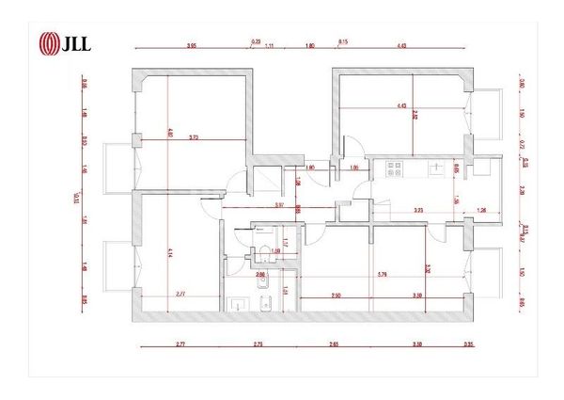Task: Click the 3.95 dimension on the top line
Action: point(191,44)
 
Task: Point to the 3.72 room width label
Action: point(193,138)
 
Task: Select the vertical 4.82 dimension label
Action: point(170,133)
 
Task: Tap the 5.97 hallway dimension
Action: point(279,204)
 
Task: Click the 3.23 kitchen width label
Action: point(418,211)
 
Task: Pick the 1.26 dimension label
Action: point(482,211)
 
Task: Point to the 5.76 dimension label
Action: point(382,274)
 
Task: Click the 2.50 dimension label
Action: point(336,296)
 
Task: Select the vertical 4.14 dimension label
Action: point(170,252)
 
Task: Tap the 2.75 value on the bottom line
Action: point(257,344)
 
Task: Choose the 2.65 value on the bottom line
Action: point(333,344)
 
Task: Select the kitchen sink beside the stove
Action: point(436,168)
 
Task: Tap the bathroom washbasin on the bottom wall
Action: point(236,305)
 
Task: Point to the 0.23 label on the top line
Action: point(255,40)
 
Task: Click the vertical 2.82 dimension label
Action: point(441,116)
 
